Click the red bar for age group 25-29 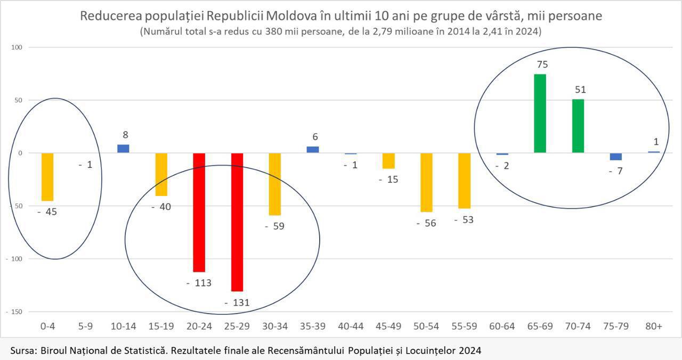pos(237,222)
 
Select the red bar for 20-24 pos(199,212)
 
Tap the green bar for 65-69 pos(540,113)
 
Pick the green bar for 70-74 pos(578,126)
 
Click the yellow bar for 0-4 pos(47,177)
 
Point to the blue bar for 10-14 pos(123,149)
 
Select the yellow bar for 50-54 pos(426,183)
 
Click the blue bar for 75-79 pos(615,157)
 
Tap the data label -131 pos(237,303)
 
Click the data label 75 pos(542,64)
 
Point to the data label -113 pos(199,283)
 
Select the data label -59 pos(275,226)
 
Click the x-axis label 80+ pos(653,326)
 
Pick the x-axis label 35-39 pos(313,326)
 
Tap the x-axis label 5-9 pos(85,326)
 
